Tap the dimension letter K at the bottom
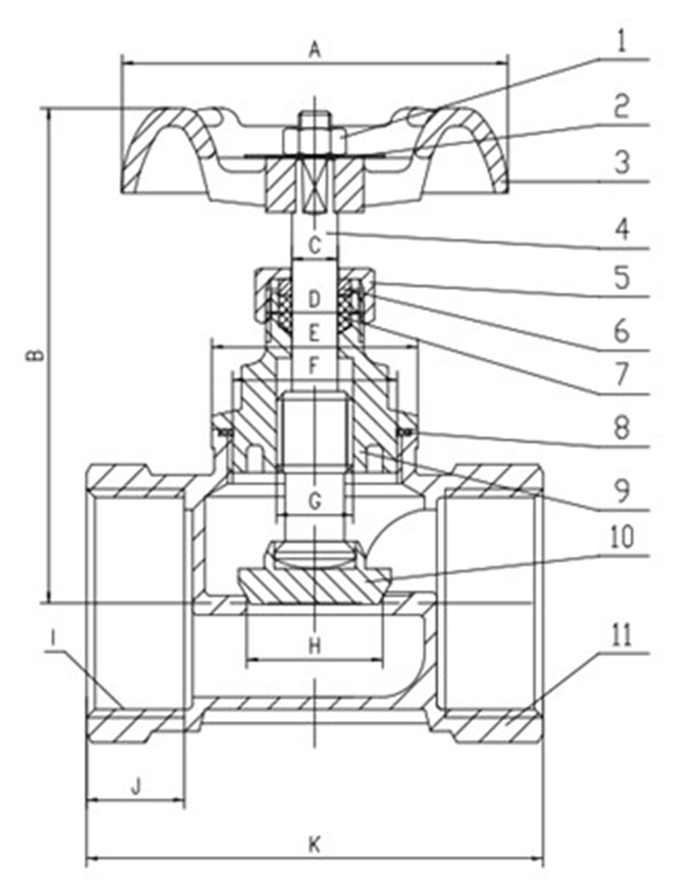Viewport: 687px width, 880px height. (x=315, y=844)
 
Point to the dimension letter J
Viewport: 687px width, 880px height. (x=136, y=786)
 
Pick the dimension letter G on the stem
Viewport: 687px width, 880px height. (x=315, y=500)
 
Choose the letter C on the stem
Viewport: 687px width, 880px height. (x=315, y=245)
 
